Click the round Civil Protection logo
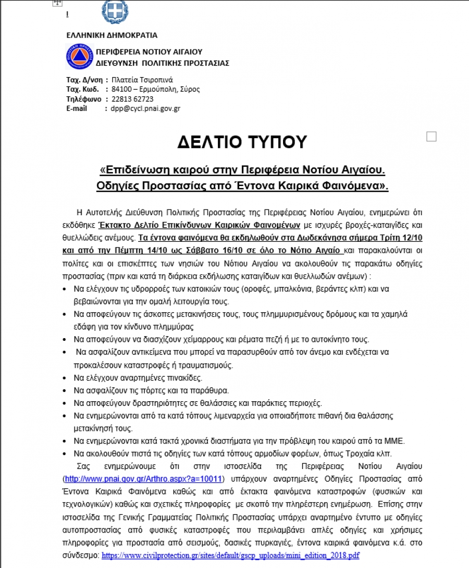(x=79, y=57)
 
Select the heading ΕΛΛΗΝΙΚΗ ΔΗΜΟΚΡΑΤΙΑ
(x=112, y=35)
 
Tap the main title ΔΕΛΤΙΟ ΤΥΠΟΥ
(x=242, y=142)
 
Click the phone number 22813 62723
(x=129, y=99)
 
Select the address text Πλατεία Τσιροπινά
(x=142, y=80)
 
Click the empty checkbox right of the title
(x=431, y=137)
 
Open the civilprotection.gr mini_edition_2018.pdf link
(x=231, y=555)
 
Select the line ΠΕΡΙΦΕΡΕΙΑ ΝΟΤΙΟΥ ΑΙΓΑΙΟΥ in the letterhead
(x=149, y=52)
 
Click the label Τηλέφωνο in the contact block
(x=83, y=99)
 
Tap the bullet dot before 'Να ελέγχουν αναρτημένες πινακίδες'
(x=64, y=378)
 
